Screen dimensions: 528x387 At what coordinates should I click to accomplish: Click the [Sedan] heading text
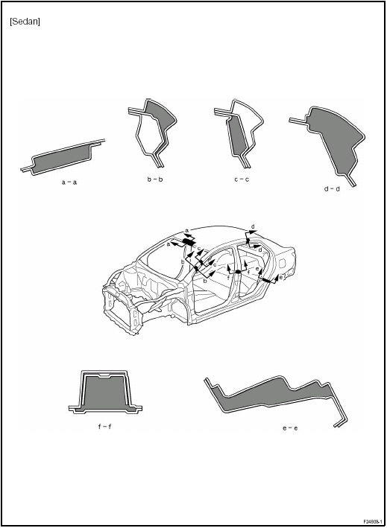pos(25,22)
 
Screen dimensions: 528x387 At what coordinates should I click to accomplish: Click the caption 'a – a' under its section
pos(69,182)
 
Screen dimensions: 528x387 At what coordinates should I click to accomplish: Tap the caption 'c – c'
pos(241,179)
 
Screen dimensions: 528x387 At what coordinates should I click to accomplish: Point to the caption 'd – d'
pos(332,189)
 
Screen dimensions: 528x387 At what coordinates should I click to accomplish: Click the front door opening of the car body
pos(216,290)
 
